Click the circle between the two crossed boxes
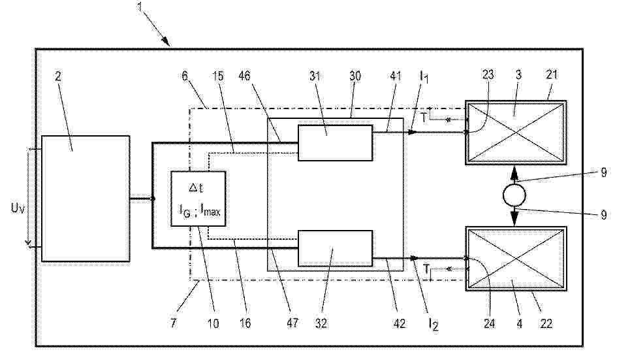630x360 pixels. tap(514, 195)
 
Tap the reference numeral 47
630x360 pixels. tap(292, 323)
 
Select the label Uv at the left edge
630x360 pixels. tap(18, 208)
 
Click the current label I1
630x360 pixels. tap(424, 76)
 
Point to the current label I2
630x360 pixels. tap(433, 324)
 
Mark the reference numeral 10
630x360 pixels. tap(213, 323)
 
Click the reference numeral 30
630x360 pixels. tap(354, 76)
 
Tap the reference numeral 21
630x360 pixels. tap(552, 74)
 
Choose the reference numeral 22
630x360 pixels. tap(546, 323)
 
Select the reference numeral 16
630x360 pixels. tap(245, 323)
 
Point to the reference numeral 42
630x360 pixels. tap(399, 323)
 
